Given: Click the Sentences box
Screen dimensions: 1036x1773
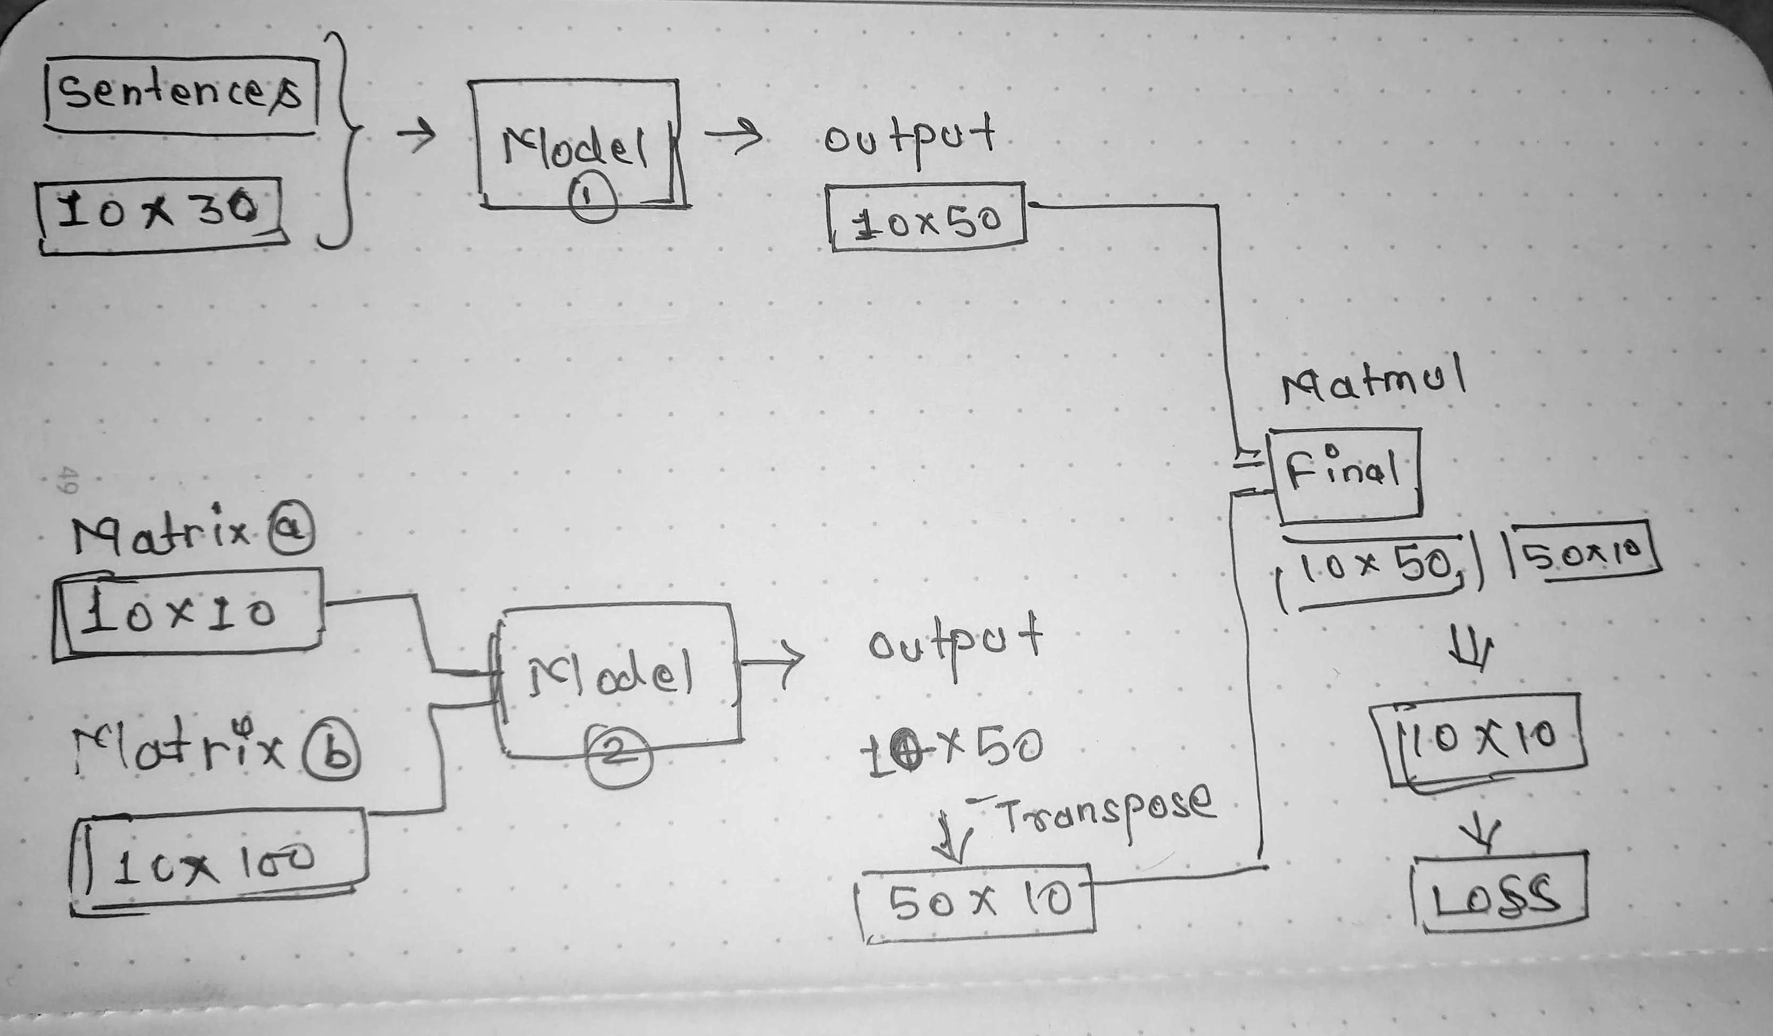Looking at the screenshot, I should pyautogui.click(x=181, y=95).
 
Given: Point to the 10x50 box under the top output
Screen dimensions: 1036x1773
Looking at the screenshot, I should pyautogui.click(x=926, y=216).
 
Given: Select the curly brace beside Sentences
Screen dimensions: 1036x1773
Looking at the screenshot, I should pyautogui.click(x=343, y=139).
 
